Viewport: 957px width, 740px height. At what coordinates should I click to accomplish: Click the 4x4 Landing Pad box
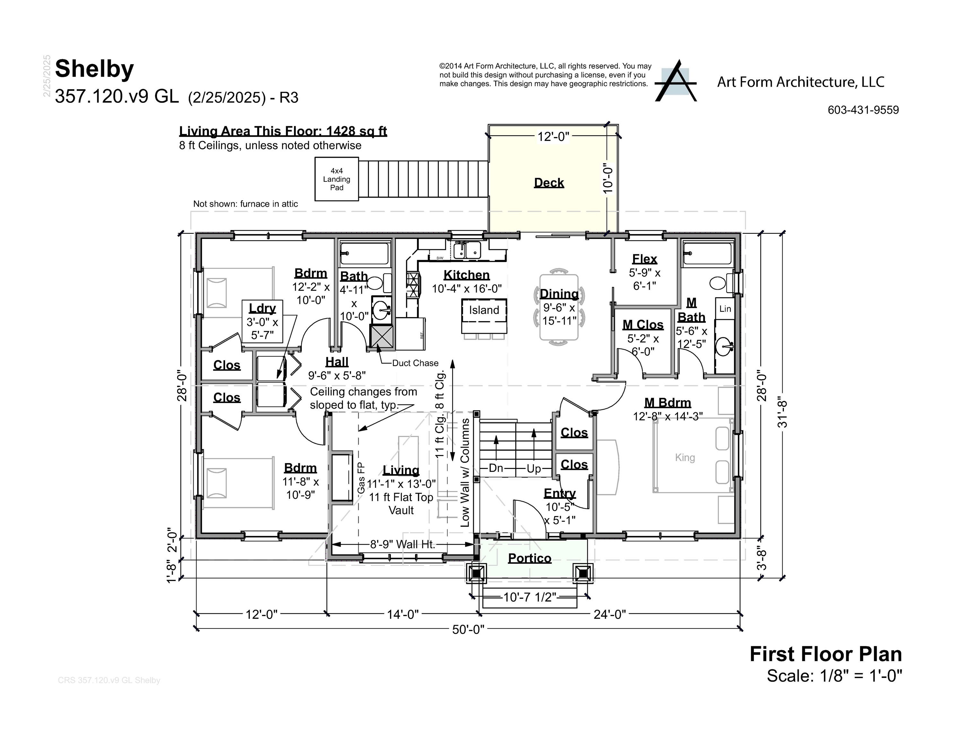tap(336, 179)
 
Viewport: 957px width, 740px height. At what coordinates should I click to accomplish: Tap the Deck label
tap(549, 183)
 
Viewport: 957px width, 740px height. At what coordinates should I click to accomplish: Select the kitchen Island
tap(484, 310)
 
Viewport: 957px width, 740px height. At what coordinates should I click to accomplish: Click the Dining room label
tap(559, 294)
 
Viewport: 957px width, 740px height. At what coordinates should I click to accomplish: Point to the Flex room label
tap(644, 259)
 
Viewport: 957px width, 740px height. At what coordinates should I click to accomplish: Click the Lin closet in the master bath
tap(725, 309)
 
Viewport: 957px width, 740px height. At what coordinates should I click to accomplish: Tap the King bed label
tap(684, 458)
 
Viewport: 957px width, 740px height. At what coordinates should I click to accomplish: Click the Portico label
tap(529, 558)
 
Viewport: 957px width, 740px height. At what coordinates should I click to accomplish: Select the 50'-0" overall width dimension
tap(468, 630)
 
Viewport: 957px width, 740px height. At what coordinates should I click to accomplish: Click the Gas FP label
tap(361, 478)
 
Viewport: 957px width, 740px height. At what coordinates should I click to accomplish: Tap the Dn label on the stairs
tap(496, 468)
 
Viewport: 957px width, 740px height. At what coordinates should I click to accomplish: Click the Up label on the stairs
tap(533, 469)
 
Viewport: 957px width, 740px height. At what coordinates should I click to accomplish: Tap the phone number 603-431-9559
tap(863, 110)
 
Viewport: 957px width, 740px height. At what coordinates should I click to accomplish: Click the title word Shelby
tap(94, 69)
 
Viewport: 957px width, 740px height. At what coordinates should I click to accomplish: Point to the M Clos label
tap(643, 325)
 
